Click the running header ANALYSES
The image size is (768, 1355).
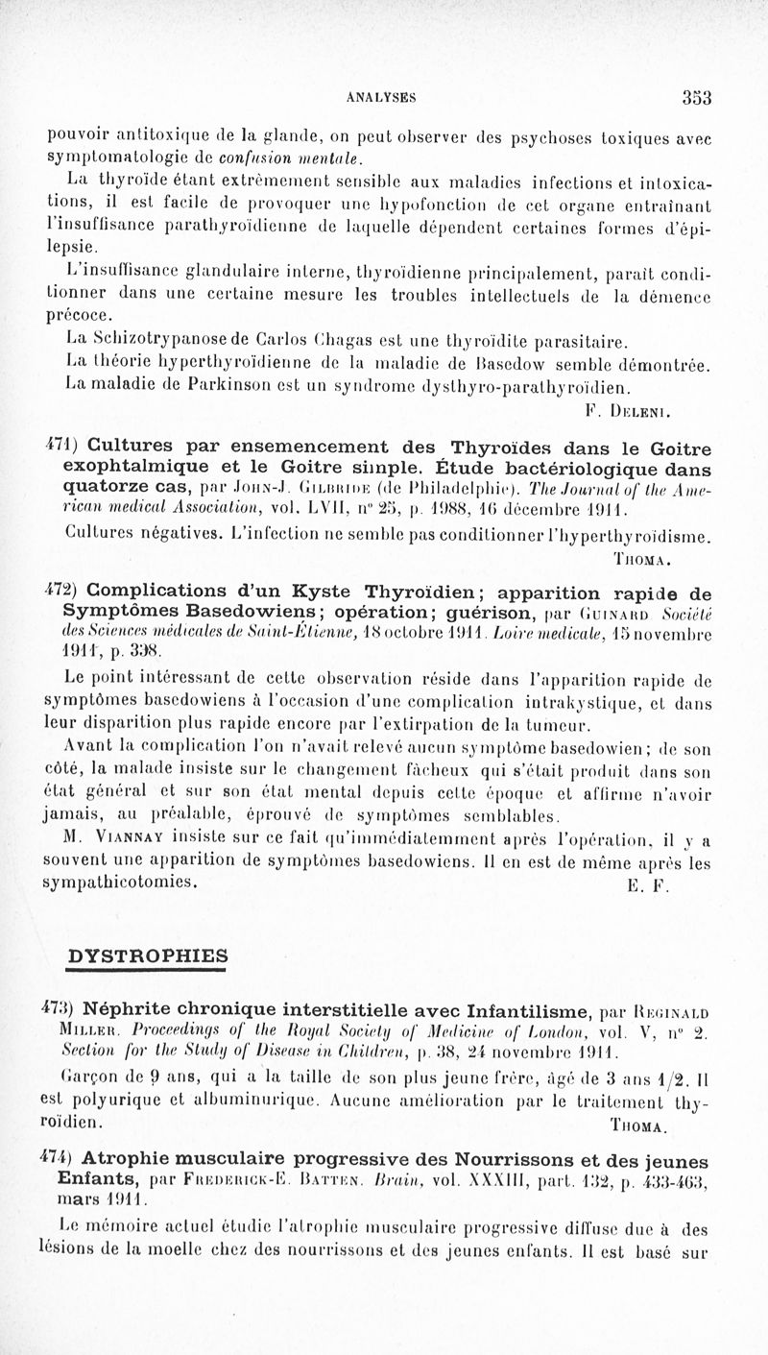(x=375, y=97)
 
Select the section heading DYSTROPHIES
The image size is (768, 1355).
(x=148, y=956)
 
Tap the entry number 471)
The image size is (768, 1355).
(x=62, y=448)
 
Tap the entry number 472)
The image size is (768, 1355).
(x=62, y=591)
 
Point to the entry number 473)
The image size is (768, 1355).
(x=62, y=1009)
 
